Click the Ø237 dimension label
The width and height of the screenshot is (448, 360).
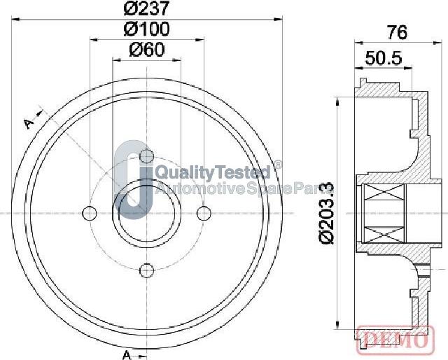147,8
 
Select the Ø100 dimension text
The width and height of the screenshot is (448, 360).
147,29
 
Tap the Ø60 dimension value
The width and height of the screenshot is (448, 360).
147,50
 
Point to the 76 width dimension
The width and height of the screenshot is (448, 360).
397,32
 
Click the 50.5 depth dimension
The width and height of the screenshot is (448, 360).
384,58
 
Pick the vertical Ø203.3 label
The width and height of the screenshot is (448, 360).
326,212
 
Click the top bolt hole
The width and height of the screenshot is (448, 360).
147,156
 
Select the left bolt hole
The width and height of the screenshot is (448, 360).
90,214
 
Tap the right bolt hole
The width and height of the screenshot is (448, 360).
204,214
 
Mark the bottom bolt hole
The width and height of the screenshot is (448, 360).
147,270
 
